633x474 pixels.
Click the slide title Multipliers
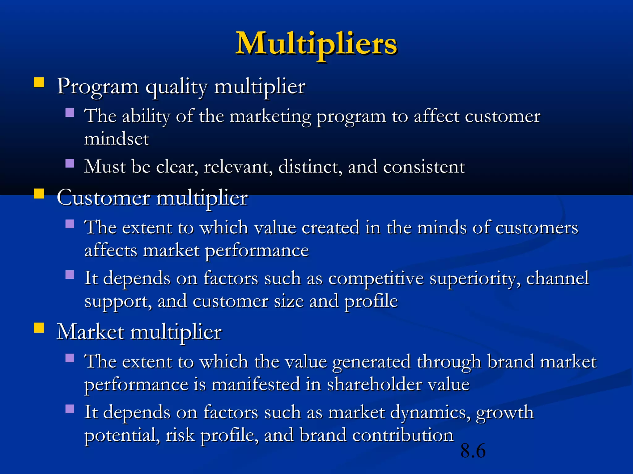[x=316, y=44]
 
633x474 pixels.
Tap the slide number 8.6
[x=473, y=451]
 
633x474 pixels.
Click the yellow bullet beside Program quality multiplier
[x=39, y=83]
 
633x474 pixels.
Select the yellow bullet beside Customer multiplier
[x=39, y=194]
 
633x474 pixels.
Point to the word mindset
[x=117, y=139]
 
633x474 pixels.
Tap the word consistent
[x=424, y=167]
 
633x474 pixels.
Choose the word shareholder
[x=374, y=385]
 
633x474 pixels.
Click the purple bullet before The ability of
[x=70, y=112]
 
